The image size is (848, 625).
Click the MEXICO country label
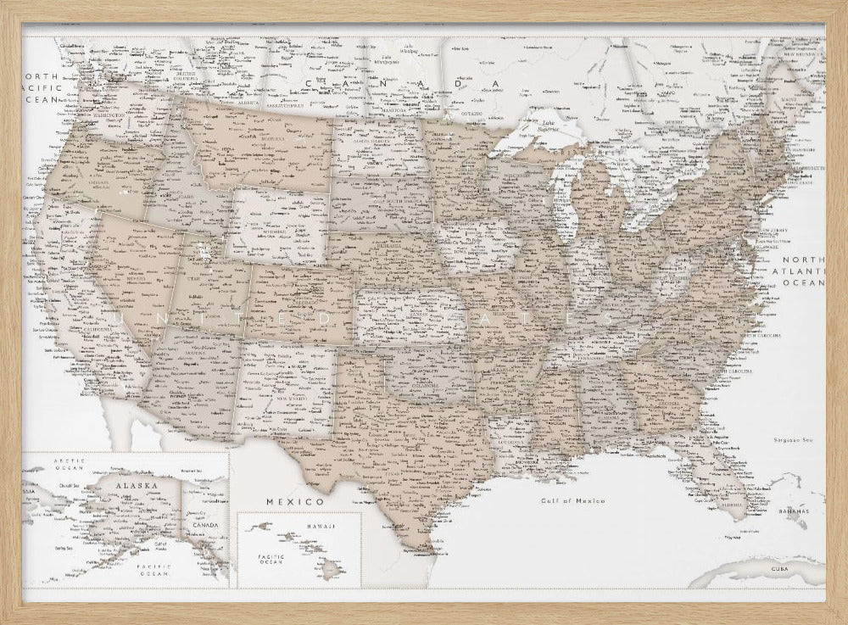point(283,501)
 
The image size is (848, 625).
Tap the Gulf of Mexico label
point(574,501)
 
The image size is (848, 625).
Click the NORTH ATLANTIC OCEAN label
point(803,271)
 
